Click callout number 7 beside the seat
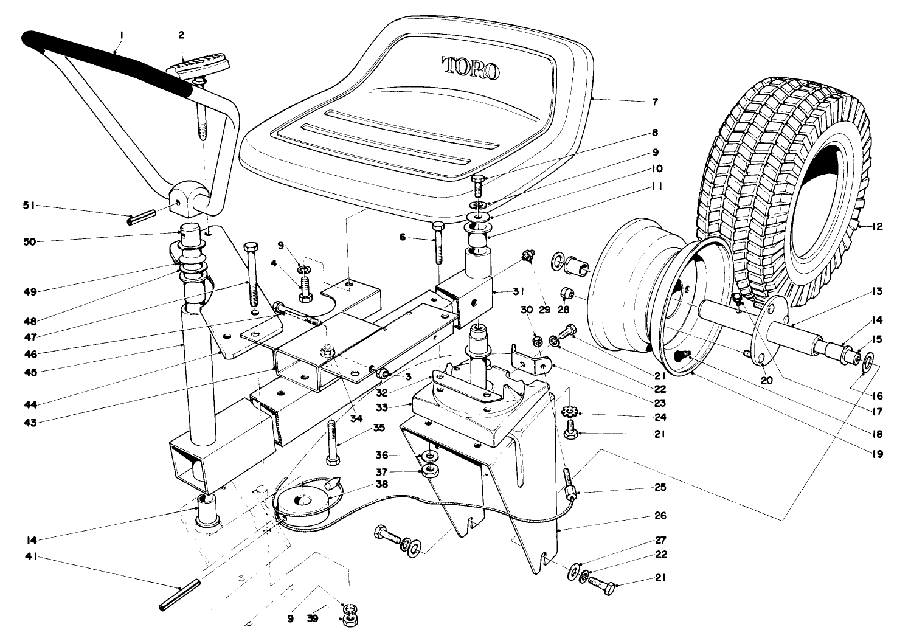654,102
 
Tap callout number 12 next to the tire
878,227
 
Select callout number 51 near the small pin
28,206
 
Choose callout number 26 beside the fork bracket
659,516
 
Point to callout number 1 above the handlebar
121,35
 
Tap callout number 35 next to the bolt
379,428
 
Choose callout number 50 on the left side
28,241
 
